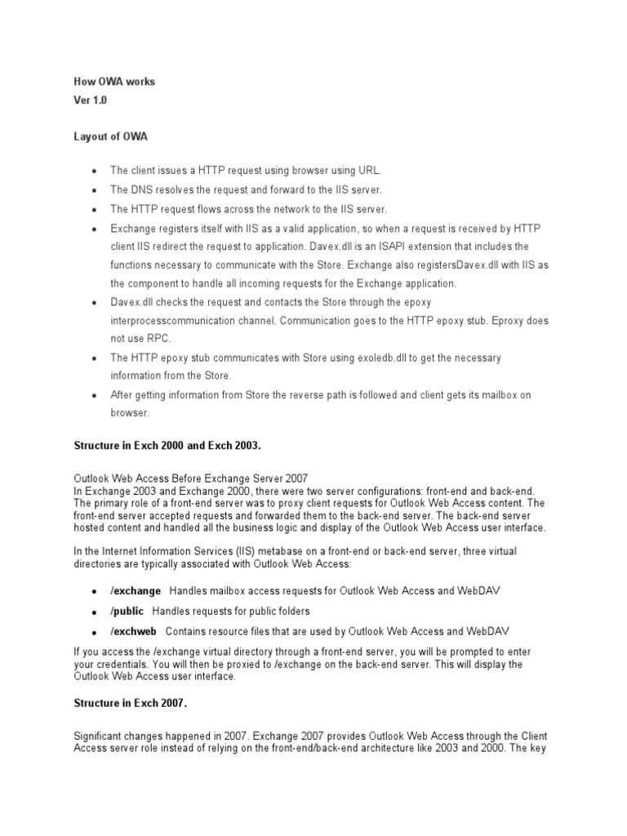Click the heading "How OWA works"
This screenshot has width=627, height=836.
tap(113, 82)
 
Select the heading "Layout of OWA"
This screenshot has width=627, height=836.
tap(111, 137)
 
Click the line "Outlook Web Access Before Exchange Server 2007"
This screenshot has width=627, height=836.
tap(191, 478)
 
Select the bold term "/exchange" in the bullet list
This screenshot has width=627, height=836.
tap(136, 590)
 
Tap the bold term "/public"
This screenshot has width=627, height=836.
tap(127, 611)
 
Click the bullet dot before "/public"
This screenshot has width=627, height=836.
tap(94, 612)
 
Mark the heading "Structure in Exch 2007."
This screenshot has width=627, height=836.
tap(131, 702)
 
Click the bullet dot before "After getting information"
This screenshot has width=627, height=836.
tap(94, 396)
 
